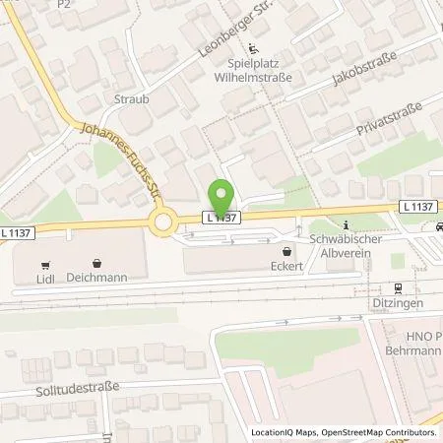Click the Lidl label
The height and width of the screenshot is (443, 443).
[x=45, y=279]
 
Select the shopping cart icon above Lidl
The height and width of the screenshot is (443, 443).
[x=45, y=264]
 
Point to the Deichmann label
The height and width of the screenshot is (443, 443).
[x=97, y=279]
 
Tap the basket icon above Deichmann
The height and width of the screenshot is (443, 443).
[x=97, y=264]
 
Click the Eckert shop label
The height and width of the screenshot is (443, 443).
[x=285, y=266]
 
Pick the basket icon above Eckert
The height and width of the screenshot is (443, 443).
[x=285, y=251]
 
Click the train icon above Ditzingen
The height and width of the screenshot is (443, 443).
[x=399, y=288]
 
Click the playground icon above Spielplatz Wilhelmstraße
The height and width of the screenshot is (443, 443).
[x=254, y=48]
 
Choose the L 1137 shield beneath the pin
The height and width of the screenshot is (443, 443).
[x=221, y=217]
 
